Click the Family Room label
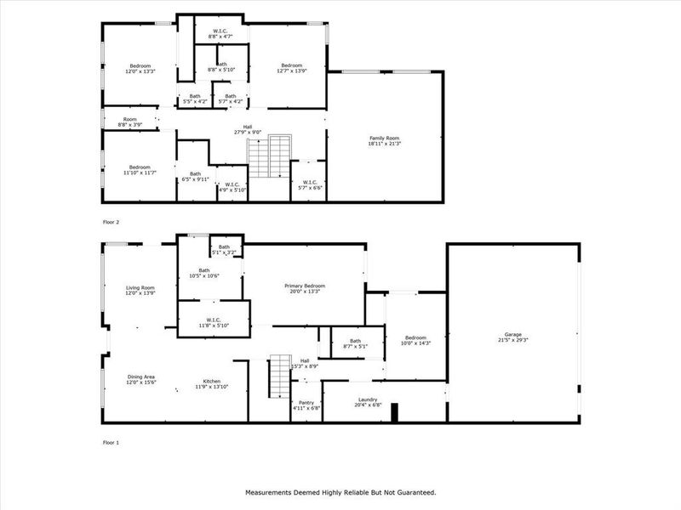[384, 139]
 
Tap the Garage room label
[512, 334]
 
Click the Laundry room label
[368, 399]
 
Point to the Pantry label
[306, 403]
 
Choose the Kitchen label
[212, 381]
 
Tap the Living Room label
[140, 288]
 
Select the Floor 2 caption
[112, 221]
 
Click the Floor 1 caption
[112, 443]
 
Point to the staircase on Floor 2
[269, 156]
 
